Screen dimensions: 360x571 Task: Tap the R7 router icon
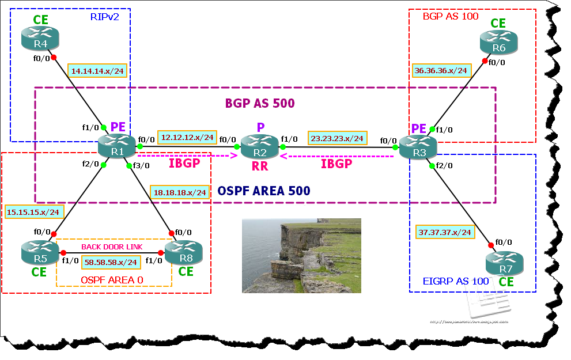click(x=504, y=264)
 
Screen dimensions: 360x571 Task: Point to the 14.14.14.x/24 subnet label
click(x=97, y=71)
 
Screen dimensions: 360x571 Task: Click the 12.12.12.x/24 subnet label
click(x=187, y=138)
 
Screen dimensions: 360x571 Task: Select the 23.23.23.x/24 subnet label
click(x=337, y=138)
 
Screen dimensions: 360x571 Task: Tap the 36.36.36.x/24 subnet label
click(x=441, y=70)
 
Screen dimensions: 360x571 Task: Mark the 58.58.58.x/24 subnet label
click(x=111, y=262)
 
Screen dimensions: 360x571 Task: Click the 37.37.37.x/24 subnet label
click(x=444, y=232)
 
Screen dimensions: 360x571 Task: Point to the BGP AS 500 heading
click(x=259, y=104)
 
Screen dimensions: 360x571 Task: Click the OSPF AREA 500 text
click(x=263, y=191)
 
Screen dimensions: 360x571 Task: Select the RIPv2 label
click(x=104, y=17)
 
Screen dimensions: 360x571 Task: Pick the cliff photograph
click(x=301, y=255)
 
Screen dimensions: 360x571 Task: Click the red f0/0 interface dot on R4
click(x=54, y=57)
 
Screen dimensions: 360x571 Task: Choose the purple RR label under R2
click(x=259, y=166)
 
